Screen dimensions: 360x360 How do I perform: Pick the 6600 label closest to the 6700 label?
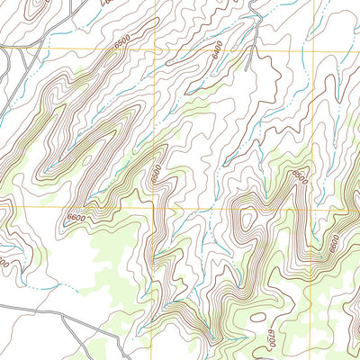point(332,243)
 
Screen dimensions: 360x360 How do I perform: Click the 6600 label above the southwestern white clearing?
point(76,218)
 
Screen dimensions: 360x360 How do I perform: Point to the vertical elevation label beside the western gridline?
point(154,171)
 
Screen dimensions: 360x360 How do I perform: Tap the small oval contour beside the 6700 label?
point(257,318)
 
